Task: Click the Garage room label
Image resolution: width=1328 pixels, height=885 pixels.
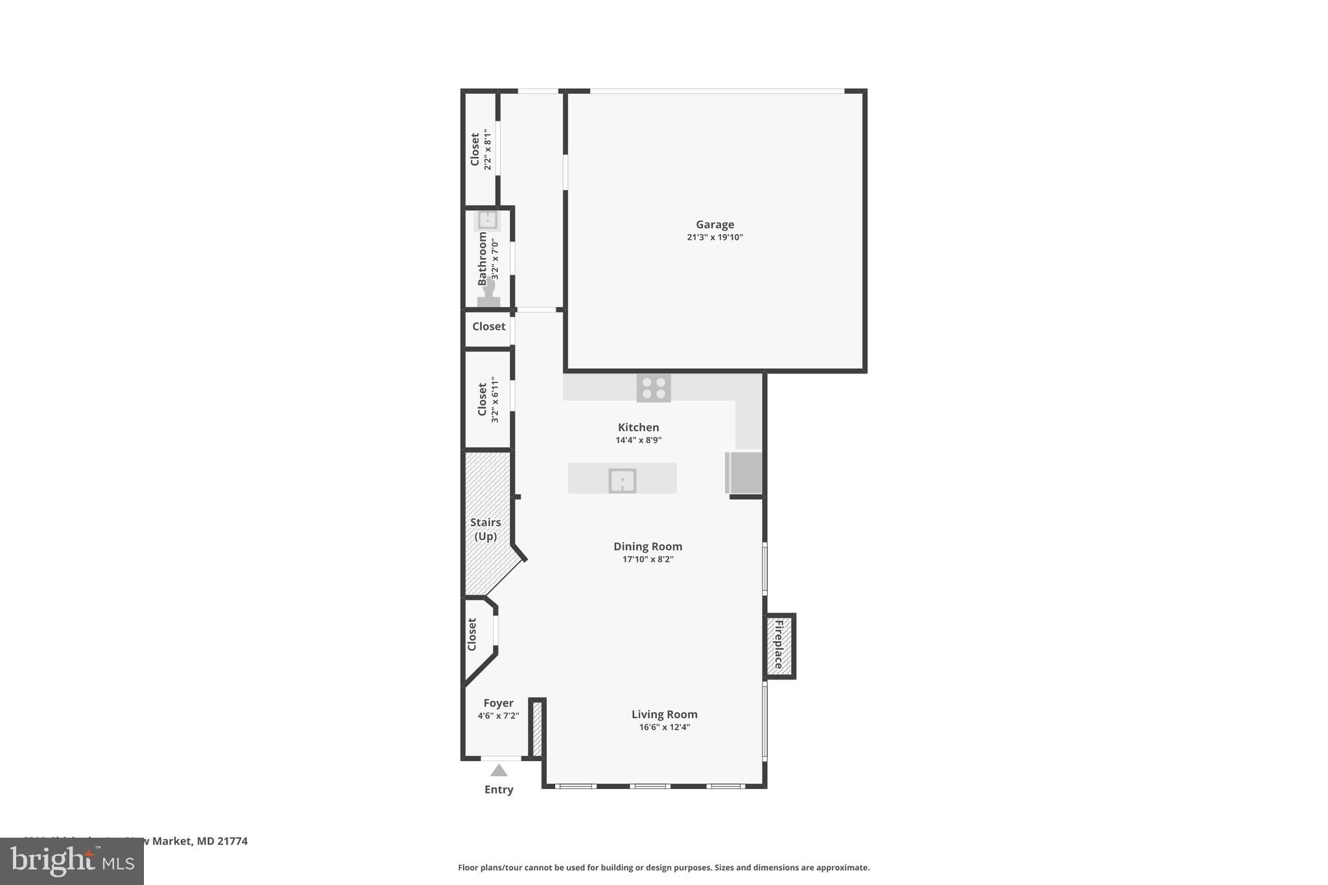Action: click(715, 224)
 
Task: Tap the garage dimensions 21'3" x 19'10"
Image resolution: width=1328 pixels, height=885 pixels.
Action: click(715, 237)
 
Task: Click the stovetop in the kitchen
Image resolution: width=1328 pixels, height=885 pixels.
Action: click(654, 388)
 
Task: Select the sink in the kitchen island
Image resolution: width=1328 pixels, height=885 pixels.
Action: click(622, 480)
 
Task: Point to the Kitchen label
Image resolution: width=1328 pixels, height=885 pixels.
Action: click(638, 427)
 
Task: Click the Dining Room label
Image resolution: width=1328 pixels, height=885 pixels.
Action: click(648, 547)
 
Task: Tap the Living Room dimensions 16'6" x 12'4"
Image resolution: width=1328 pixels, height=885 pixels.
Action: click(664, 727)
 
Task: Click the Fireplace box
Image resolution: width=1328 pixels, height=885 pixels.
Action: click(779, 645)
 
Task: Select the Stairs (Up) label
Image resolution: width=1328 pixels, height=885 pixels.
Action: click(486, 529)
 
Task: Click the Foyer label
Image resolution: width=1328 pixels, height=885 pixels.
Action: click(498, 703)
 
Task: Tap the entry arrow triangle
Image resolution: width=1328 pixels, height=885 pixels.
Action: click(499, 770)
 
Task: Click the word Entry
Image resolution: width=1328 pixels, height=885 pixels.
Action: click(499, 790)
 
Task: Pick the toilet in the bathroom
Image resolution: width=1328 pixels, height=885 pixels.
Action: click(488, 294)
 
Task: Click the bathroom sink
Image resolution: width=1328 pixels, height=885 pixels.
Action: click(487, 220)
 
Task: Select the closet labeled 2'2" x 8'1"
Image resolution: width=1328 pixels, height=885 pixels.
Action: click(480, 149)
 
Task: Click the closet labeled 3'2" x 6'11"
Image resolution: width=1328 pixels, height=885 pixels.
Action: click(488, 399)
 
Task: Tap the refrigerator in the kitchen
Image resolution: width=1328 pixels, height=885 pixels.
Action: click(744, 473)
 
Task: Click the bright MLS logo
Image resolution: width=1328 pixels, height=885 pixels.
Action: click(72, 861)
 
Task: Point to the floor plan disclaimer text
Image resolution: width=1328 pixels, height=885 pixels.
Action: click(663, 867)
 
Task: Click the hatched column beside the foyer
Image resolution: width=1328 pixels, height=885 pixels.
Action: click(537, 729)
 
